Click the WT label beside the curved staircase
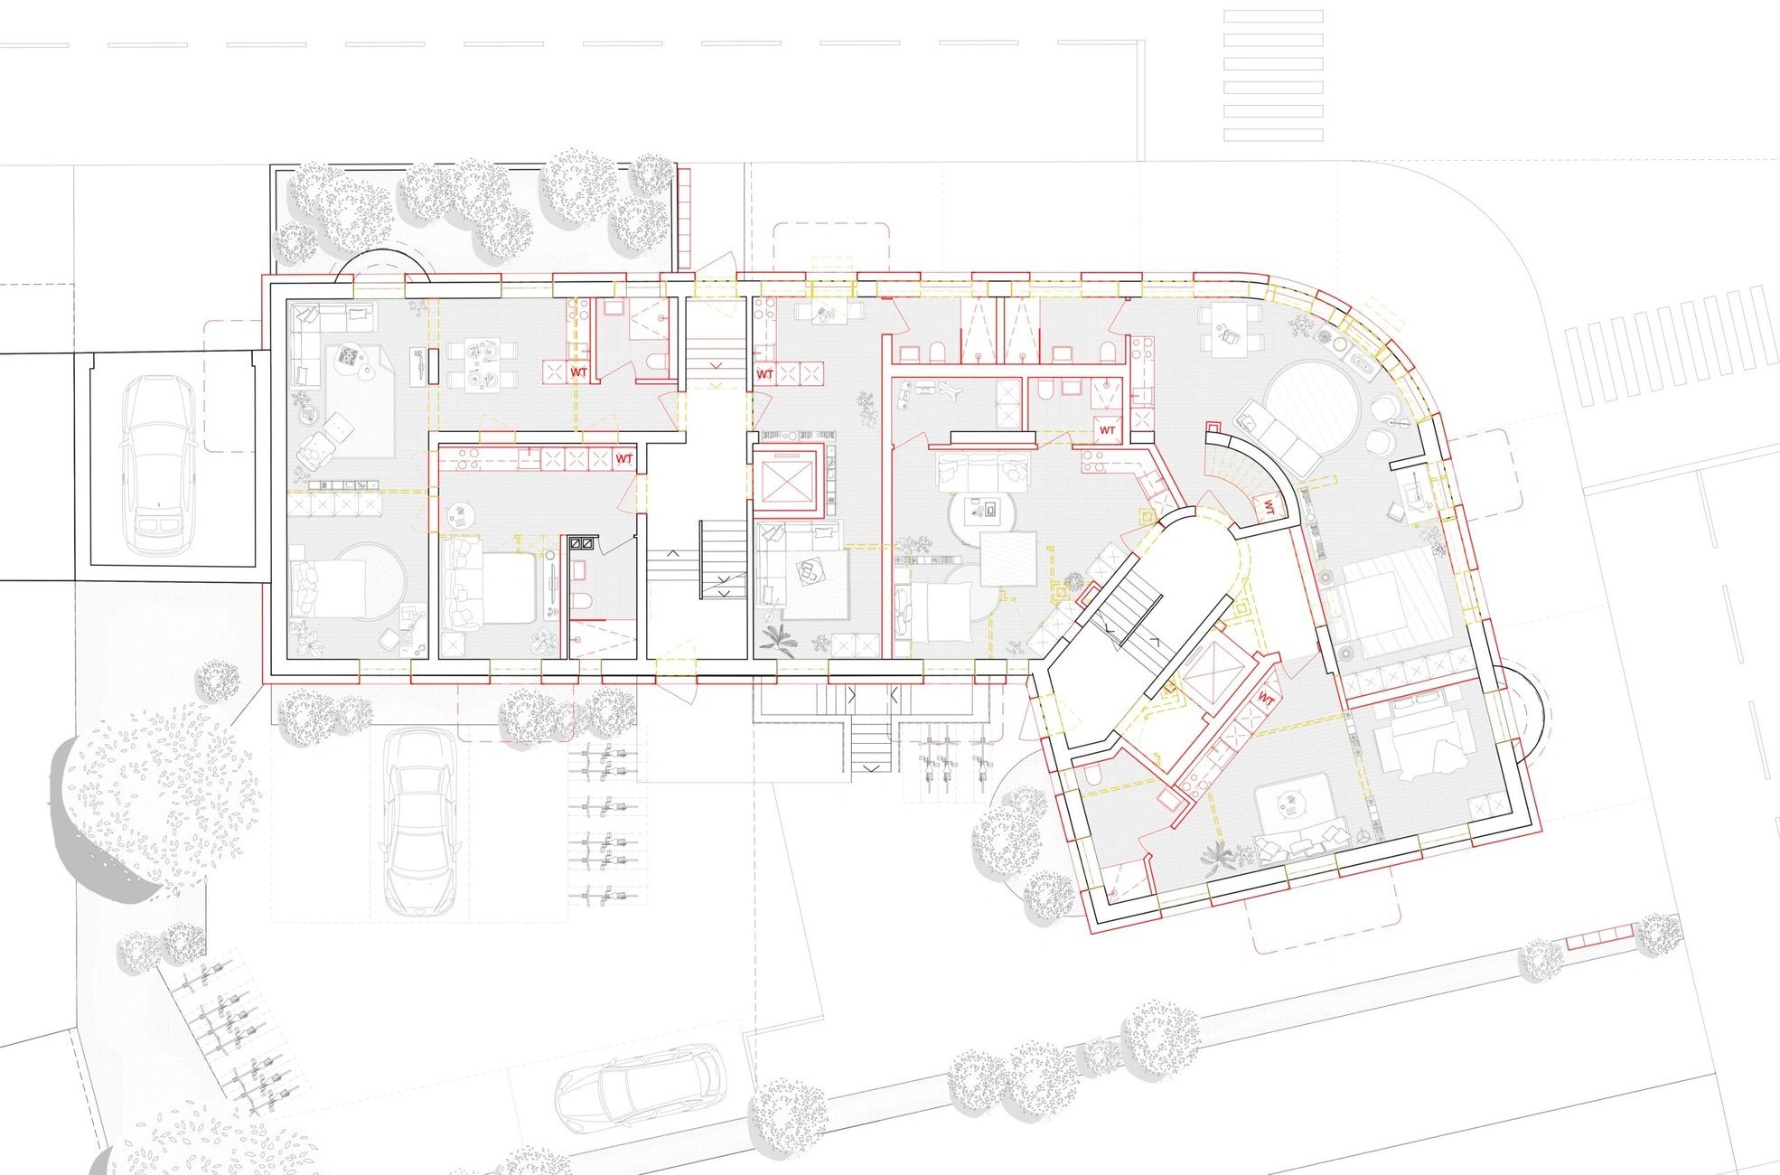pyautogui.click(x=1269, y=508)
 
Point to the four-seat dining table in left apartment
pyautogui.click(x=482, y=363)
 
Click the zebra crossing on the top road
pyautogui.click(x=1273, y=75)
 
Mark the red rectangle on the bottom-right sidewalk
pyautogui.click(x=1599, y=937)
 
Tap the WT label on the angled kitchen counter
pyautogui.click(x=1266, y=700)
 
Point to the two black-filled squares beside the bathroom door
pyautogui.click(x=581, y=543)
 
